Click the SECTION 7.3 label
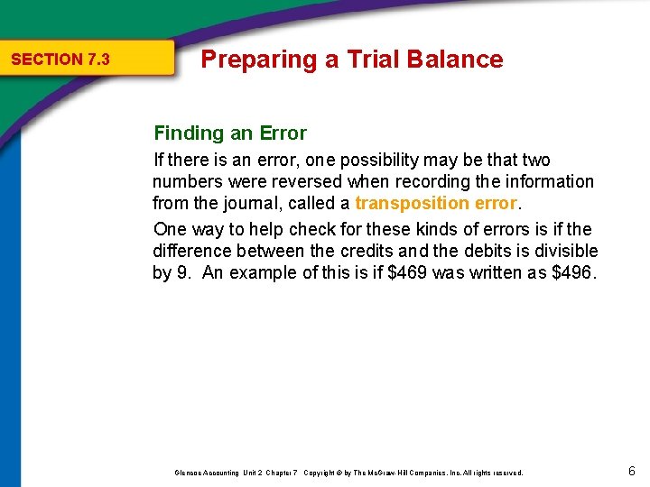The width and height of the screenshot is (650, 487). coord(60,60)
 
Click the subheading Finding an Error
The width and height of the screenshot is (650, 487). coord(230,133)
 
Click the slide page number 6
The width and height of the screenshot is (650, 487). coord(632,472)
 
